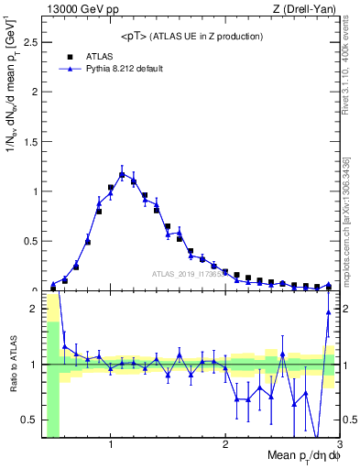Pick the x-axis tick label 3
pos(339,444)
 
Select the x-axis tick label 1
pos(111,444)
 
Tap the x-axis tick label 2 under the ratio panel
pos(225,444)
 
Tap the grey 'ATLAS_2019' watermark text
pos(188,273)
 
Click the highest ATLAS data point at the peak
pos(122,174)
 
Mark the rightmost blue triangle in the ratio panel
pos(328,312)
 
